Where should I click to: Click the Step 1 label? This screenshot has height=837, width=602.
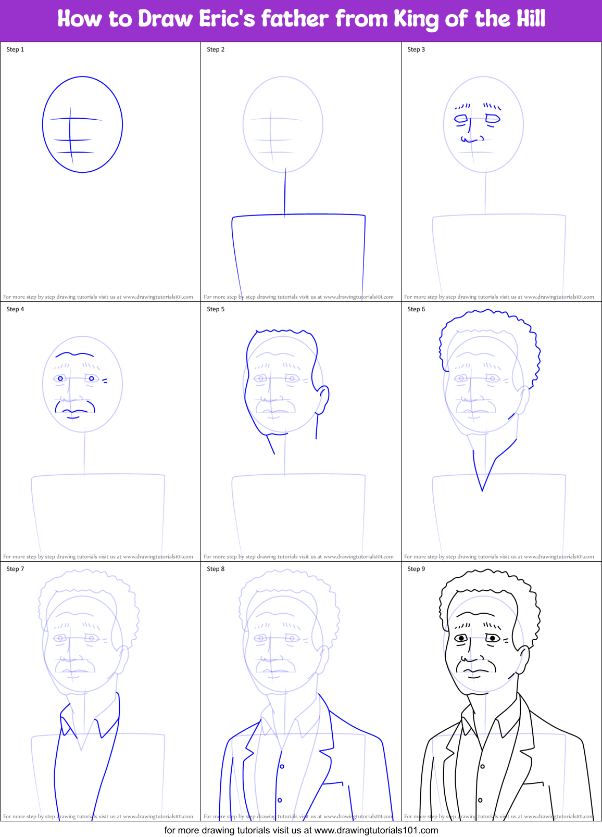click(x=15, y=49)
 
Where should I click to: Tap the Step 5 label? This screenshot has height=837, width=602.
click(x=216, y=309)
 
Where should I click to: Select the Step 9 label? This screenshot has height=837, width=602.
click(x=416, y=569)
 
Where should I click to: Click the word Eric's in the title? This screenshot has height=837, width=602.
click(x=227, y=19)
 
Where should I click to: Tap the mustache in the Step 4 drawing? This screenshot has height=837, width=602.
click(x=76, y=403)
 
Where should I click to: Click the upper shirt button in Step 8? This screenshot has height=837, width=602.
click(x=282, y=766)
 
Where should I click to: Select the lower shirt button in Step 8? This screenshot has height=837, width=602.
click(x=280, y=800)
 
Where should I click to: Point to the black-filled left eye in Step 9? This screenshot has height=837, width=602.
click(x=461, y=638)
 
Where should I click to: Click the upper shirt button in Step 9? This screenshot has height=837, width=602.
click(x=483, y=766)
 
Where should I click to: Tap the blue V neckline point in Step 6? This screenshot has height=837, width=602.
click(x=482, y=490)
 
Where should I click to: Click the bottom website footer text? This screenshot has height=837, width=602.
click(x=301, y=830)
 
